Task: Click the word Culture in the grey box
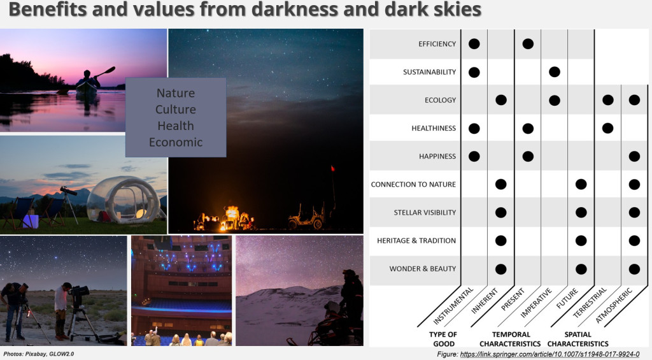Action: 176,110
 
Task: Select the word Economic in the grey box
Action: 176,142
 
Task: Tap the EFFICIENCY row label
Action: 437,44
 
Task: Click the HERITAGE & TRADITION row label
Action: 416,240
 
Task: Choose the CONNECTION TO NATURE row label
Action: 413,184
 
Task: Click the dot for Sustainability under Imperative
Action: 554,71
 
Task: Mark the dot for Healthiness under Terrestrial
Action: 607,128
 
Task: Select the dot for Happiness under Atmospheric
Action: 634,156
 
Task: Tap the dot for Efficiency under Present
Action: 527,44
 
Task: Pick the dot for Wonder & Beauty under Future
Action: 581,268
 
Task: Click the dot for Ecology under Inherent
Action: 500,100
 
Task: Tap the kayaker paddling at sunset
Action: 88,83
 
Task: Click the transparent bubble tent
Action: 124,199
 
